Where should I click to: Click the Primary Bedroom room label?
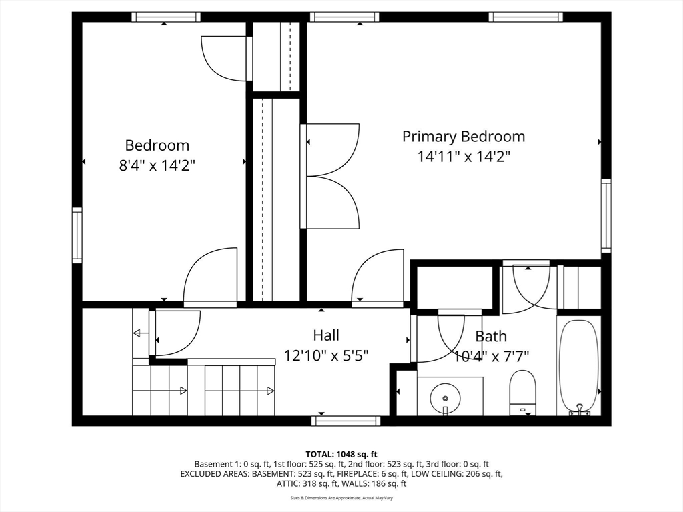[x=463, y=137]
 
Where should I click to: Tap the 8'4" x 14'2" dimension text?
[x=157, y=165]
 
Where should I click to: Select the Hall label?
[x=326, y=335]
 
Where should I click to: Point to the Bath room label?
[x=491, y=337]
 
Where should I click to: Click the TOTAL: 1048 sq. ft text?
[x=341, y=454]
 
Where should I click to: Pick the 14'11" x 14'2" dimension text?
[x=464, y=157]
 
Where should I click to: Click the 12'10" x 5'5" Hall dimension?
[x=326, y=355]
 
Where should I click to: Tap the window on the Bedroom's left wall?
[x=77, y=235]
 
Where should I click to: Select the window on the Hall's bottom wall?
[x=346, y=421]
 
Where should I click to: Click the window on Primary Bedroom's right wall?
[x=606, y=215]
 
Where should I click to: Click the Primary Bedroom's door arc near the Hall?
[x=376, y=277]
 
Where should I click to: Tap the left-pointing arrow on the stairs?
[x=141, y=333]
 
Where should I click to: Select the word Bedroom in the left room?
[x=157, y=145]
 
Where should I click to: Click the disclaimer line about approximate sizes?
[x=341, y=498]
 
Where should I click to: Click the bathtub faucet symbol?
[x=578, y=409]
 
